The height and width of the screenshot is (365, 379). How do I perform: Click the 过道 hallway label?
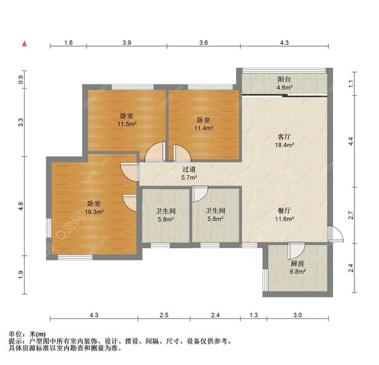[x=189, y=169]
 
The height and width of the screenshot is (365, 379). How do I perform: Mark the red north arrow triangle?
[x=25, y=44]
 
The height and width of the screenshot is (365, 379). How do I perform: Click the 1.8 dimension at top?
[x=68, y=43]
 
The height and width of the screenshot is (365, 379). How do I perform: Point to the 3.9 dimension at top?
[x=126, y=43]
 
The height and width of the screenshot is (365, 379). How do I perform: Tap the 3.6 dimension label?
[x=203, y=43]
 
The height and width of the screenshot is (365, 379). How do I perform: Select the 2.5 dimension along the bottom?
[x=164, y=314]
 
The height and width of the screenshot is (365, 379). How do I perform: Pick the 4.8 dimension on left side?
[x=20, y=206]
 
